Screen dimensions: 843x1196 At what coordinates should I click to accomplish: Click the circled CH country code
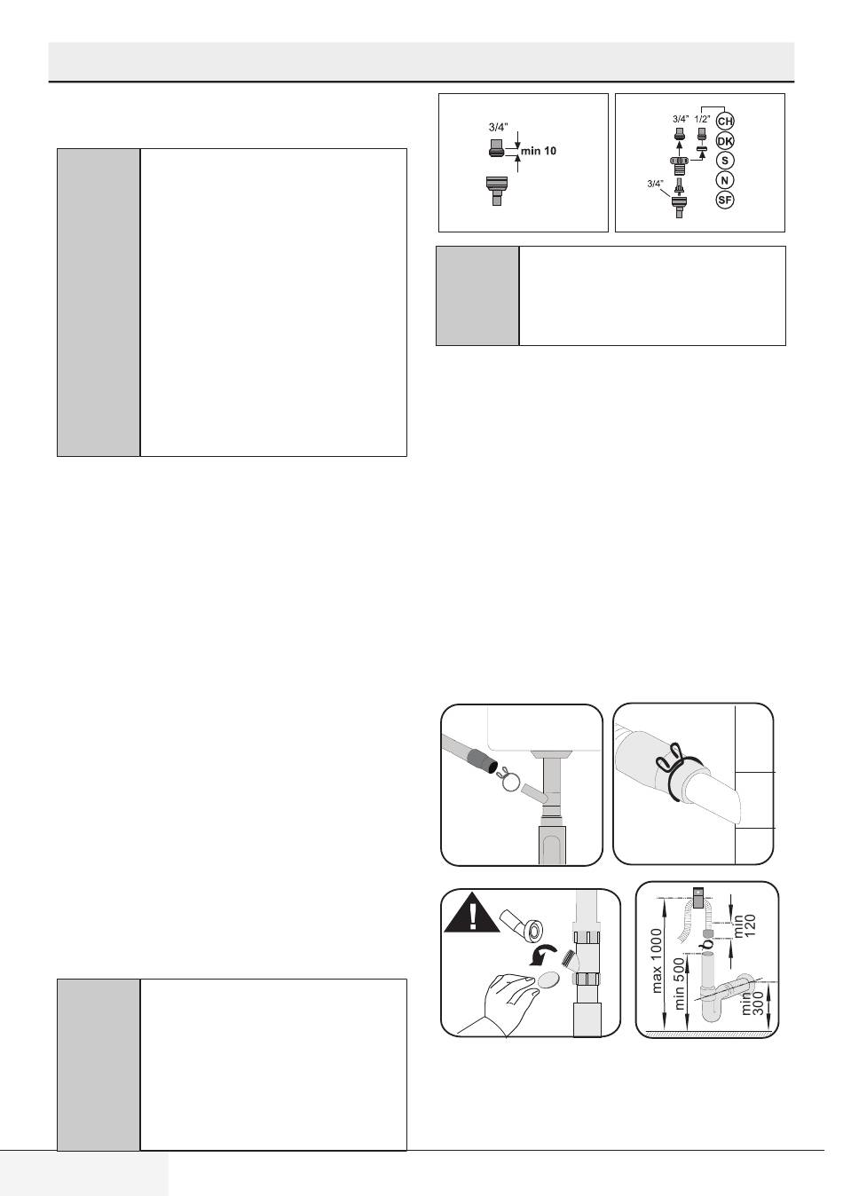coord(724,122)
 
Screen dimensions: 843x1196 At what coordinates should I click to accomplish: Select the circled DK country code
coord(724,141)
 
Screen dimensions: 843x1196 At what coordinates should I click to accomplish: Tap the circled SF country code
coord(724,201)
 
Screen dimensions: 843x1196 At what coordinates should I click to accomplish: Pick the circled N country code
coord(724,180)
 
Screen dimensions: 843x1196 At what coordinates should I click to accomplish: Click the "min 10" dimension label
coord(538,151)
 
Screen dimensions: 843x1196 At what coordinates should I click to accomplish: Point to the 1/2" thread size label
coord(702,119)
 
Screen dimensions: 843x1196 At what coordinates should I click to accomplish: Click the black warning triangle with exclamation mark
coord(471,914)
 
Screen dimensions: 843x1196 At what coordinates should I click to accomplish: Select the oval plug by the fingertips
coord(548,980)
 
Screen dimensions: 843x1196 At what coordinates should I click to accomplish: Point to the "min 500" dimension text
coord(679,983)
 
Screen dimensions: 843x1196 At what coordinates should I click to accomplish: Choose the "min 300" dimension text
coord(752,1003)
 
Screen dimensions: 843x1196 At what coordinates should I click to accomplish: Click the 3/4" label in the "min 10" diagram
coord(498,128)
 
